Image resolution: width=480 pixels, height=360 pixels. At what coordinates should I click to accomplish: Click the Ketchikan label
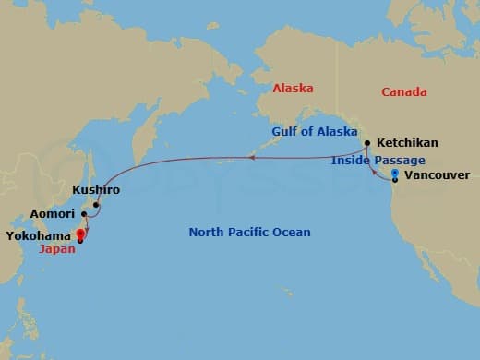[407, 143]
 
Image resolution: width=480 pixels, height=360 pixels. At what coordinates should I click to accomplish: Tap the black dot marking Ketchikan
[367, 143]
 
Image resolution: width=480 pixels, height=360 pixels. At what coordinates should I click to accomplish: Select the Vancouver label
[438, 174]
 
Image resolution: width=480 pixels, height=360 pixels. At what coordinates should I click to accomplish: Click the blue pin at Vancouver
[395, 173]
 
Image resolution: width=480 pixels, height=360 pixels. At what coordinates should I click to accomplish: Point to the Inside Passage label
[378, 160]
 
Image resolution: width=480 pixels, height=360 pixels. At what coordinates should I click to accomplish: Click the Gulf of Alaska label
[315, 132]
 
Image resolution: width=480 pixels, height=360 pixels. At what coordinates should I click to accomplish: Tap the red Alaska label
[294, 90]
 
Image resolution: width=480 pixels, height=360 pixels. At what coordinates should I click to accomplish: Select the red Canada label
[403, 91]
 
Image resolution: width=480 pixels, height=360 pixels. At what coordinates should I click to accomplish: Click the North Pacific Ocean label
[249, 232]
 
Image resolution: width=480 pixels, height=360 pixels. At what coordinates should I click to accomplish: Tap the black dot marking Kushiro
[96, 205]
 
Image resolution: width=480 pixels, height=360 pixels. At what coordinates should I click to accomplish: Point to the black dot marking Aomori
[84, 214]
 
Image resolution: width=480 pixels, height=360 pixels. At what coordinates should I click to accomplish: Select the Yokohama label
[39, 234]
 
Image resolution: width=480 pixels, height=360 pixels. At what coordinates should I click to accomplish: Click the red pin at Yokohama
[80, 234]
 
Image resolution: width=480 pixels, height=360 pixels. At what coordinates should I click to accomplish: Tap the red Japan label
[58, 248]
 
